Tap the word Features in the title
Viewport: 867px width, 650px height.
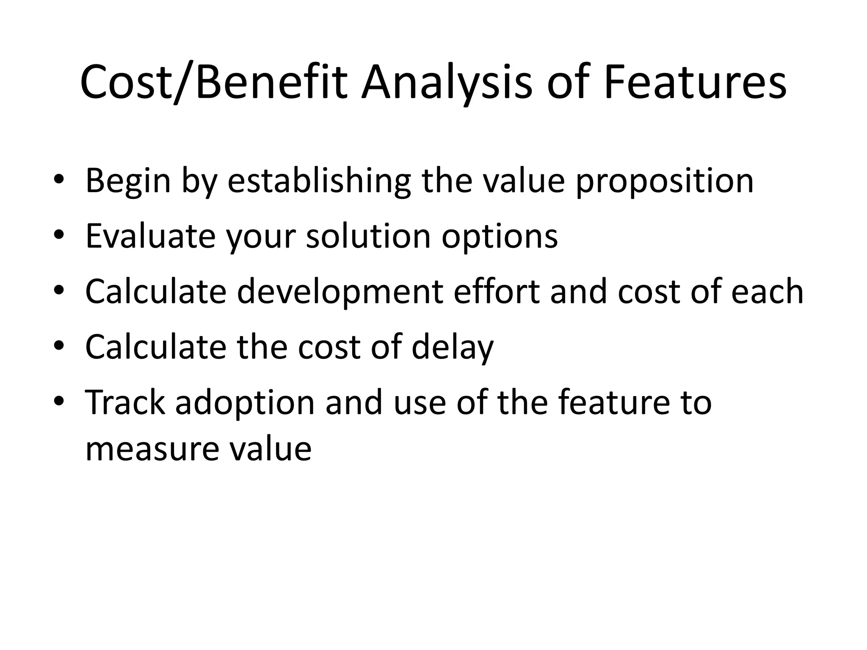pos(694,83)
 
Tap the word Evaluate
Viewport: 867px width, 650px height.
pos(150,236)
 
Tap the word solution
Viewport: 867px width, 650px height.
pos(368,236)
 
